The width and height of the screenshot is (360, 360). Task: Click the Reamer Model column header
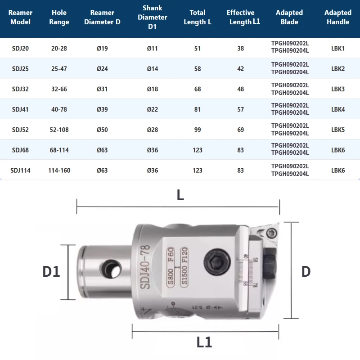pyautogui.click(x=20, y=18)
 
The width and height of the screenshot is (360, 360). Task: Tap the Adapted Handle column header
pyautogui.click(x=337, y=18)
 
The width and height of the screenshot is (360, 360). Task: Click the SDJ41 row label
pyautogui.click(x=20, y=109)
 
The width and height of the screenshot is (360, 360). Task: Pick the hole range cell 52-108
pyautogui.click(x=59, y=130)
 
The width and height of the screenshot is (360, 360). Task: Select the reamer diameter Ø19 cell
pyautogui.click(x=102, y=48)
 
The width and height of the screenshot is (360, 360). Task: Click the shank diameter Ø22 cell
pyautogui.click(x=153, y=109)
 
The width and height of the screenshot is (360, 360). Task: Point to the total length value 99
pyautogui.click(x=198, y=130)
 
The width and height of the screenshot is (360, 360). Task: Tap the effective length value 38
pyautogui.click(x=240, y=48)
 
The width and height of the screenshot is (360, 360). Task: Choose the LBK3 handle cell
pyautogui.click(x=337, y=89)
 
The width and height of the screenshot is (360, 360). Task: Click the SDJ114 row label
pyautogui.click(x=20, y=171)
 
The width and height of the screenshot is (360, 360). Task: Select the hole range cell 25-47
pyautogui.click(x=59, y=69)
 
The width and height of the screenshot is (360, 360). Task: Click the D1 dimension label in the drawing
pyautogui.click(x=51, y=271)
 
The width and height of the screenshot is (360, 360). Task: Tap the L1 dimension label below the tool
pyautogui.click(x=204, y=342)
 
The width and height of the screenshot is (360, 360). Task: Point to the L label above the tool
pyautogui.click(x=180, y=195)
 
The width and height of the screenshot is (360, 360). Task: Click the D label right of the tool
pyautogui.click(x=306, y=271)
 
